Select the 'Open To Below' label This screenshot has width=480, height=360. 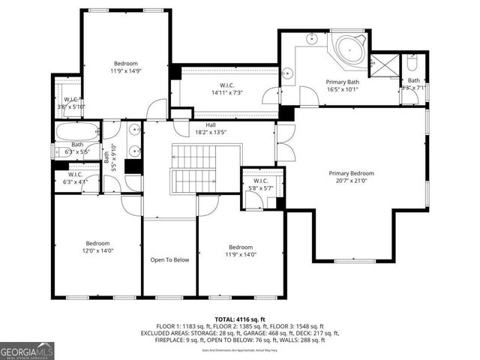click(x=169, y=260)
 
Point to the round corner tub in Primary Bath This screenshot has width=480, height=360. click(x=348, y=50)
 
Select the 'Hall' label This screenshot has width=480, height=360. click(x=211, y=125)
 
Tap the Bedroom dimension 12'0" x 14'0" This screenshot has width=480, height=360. click(x=97, y=251)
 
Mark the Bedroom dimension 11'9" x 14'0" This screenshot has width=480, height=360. click(x=241, y=255)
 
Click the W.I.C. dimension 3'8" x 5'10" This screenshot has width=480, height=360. click(x=72, y=106)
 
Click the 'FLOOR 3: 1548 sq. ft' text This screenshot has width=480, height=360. click(x=298, y=326)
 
